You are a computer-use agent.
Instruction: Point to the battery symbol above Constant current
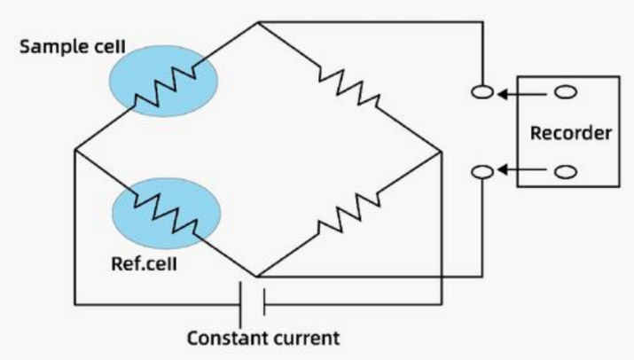coord(254,307)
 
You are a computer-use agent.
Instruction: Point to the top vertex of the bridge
coord(256,23)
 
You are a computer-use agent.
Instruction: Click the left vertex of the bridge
coord(74,150)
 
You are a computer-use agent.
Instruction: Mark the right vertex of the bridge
coord(441,151)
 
